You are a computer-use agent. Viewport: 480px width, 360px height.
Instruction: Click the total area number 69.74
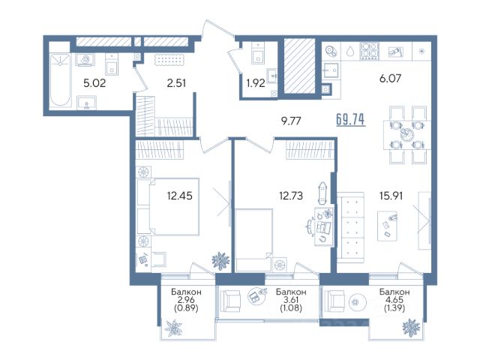(350, 119)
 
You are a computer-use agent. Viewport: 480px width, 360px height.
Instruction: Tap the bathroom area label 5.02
(94, 83)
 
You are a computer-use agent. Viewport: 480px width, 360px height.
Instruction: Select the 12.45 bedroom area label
(180, 195)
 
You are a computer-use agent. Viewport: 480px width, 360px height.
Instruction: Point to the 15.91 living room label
(391, 196)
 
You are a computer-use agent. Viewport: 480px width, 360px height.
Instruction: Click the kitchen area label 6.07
(390, 78)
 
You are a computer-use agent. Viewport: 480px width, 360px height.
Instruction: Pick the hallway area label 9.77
(291, 121)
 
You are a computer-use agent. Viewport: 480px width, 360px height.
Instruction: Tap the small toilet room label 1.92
(256, 83)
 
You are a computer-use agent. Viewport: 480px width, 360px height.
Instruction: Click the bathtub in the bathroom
(60, 80)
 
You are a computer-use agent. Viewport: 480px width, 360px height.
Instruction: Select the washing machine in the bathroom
(85, 59)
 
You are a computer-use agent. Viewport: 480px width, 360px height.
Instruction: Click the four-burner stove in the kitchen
(370, 50)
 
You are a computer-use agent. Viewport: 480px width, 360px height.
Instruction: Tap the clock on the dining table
(406, 134)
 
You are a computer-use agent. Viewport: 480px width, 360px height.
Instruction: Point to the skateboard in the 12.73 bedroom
(322, 193)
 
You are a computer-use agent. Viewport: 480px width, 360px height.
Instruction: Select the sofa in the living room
(351, 227)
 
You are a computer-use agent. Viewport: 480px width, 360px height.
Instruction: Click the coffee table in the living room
(387, 226)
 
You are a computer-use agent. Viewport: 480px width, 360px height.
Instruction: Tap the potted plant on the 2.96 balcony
(173, 328)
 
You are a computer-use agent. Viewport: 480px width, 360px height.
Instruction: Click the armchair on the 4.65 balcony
(334, 301)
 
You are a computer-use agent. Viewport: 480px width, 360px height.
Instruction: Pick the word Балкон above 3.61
(291, 292)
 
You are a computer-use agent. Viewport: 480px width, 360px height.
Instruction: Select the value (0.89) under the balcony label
(186, 308)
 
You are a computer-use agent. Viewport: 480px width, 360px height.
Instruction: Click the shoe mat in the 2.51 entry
(169, 59)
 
